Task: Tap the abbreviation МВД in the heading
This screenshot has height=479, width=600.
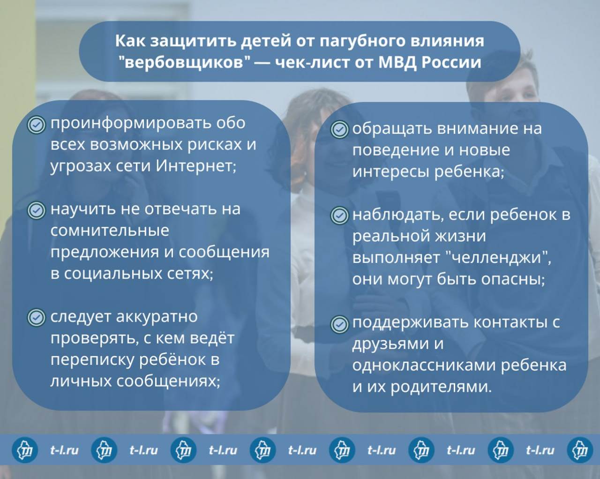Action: click(397, 63)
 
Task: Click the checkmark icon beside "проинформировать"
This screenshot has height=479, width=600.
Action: click(36, 125)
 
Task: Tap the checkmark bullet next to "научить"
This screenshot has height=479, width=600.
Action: click(36, 210)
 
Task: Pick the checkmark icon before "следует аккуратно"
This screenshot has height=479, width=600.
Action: click(36, 317)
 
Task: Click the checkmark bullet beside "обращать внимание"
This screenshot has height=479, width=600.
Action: click(339, 129)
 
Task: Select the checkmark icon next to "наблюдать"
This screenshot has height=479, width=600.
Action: click(339, 215)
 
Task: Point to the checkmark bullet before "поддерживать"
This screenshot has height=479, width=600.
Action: click(339, 324)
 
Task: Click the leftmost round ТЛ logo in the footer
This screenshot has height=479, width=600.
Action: click(25, 450)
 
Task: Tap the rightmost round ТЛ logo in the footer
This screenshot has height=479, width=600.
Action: click(580, 450)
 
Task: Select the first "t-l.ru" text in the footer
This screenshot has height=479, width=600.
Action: click(64, 450)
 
